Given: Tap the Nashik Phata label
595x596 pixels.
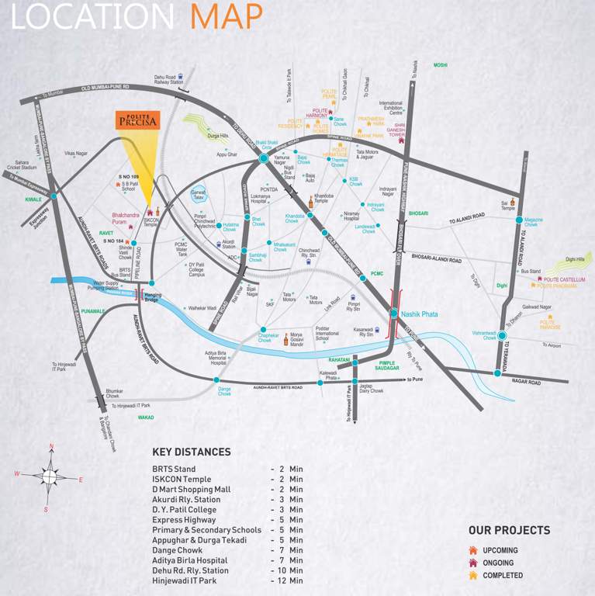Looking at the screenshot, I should [419, 314].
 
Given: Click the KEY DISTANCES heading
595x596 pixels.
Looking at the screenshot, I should [191, 452].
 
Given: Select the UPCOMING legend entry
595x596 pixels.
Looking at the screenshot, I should [499, 550].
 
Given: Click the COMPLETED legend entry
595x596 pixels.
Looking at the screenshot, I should [502, 575].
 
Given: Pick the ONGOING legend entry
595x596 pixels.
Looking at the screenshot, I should [497, 563].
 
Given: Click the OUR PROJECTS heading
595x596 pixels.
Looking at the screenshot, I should [509, 531].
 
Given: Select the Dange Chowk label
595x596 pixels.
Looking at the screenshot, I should [224, 391].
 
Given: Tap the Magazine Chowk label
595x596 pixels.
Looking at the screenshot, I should [533, 221].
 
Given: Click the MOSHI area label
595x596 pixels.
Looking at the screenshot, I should [441, 65].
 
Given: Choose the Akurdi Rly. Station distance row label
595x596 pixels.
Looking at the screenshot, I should [186, 500].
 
